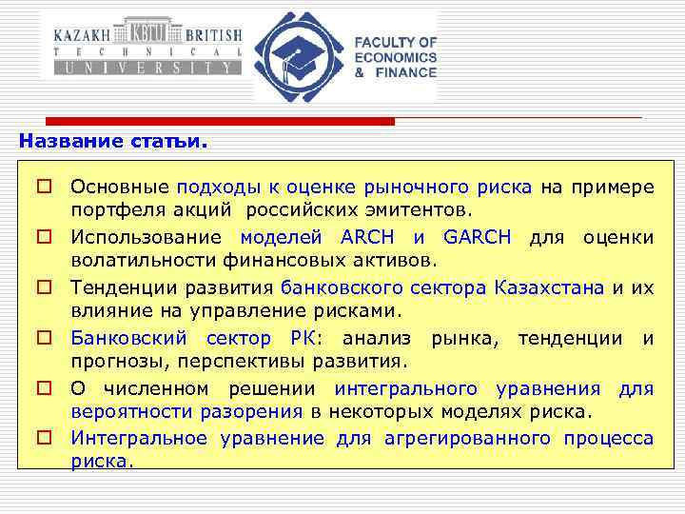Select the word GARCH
[478, 237]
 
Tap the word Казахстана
[550, 287]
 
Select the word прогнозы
[110, 361]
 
